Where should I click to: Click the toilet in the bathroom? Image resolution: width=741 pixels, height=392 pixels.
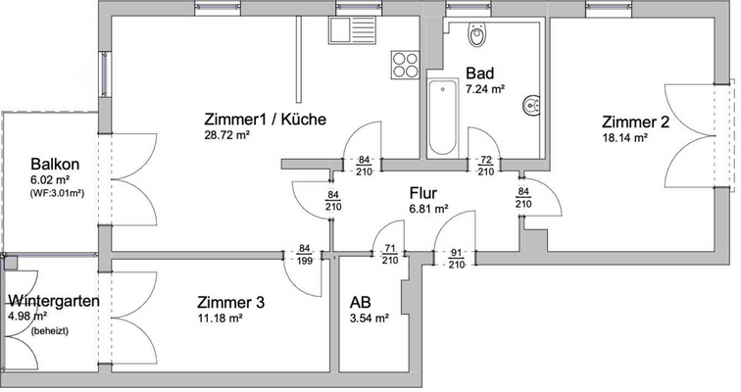(477, 36)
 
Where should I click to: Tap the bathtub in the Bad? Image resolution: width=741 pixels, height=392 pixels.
(442, 119)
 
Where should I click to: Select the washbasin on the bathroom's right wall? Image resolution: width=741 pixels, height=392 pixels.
(531, 104)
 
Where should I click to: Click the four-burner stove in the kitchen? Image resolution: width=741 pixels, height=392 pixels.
(405, 65)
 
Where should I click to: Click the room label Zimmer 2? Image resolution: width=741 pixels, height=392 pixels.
(635, 122)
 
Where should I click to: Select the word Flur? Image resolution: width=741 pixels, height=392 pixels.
(423, 193)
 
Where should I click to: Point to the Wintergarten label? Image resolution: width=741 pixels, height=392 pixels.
(53, 301)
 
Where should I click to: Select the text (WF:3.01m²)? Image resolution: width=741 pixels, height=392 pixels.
(57, 193)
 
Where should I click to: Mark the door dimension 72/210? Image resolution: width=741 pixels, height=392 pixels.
(484, 166)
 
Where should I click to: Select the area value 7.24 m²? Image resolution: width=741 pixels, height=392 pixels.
(485, 89)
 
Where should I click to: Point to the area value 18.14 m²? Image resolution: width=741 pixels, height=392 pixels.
(624, 138)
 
